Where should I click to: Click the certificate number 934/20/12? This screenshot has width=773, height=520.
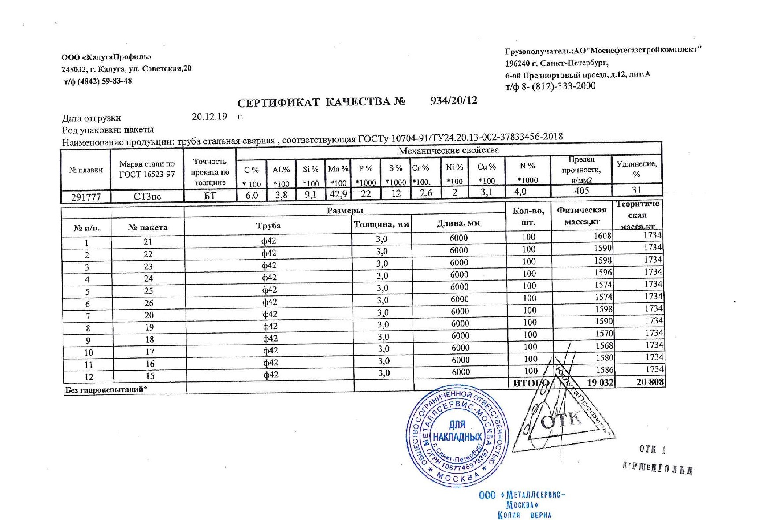coord(453,100)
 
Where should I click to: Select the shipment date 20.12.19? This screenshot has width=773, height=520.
coord(209,117)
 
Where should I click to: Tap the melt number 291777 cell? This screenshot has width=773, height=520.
coord(86,197)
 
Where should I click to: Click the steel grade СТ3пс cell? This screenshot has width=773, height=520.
coord(147,197)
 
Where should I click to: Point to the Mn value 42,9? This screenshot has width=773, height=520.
coord(338,194)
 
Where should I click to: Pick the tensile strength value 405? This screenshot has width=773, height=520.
coord(581,191)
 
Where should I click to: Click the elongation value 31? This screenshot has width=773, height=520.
coord(636,190)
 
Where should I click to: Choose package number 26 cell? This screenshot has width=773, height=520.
coord(149,303)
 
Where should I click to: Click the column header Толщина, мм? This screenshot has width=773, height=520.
coord(382,224)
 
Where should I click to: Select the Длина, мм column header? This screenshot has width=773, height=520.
coord(458,223)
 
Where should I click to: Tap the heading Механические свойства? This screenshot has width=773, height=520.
coord(449,151)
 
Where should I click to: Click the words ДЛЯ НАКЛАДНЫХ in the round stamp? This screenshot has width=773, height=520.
coord(457,431)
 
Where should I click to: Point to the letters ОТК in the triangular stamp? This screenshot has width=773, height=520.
coord(561,420)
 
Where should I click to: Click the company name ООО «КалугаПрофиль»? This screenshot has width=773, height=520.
coord(106,57)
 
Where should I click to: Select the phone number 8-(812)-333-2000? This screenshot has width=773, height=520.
coord(558,86)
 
